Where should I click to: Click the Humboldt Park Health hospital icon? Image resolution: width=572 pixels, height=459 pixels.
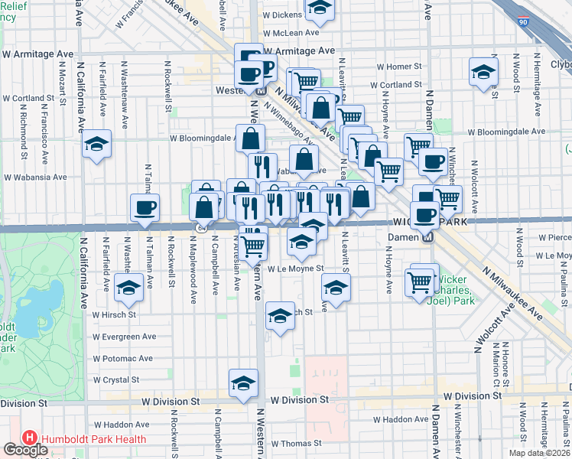point(30,438)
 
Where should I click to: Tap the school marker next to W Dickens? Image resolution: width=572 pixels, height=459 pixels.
point(320,9)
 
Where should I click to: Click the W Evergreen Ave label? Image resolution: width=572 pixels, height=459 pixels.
point(124,336)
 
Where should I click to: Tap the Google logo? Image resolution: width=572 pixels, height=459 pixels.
point(25,450)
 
